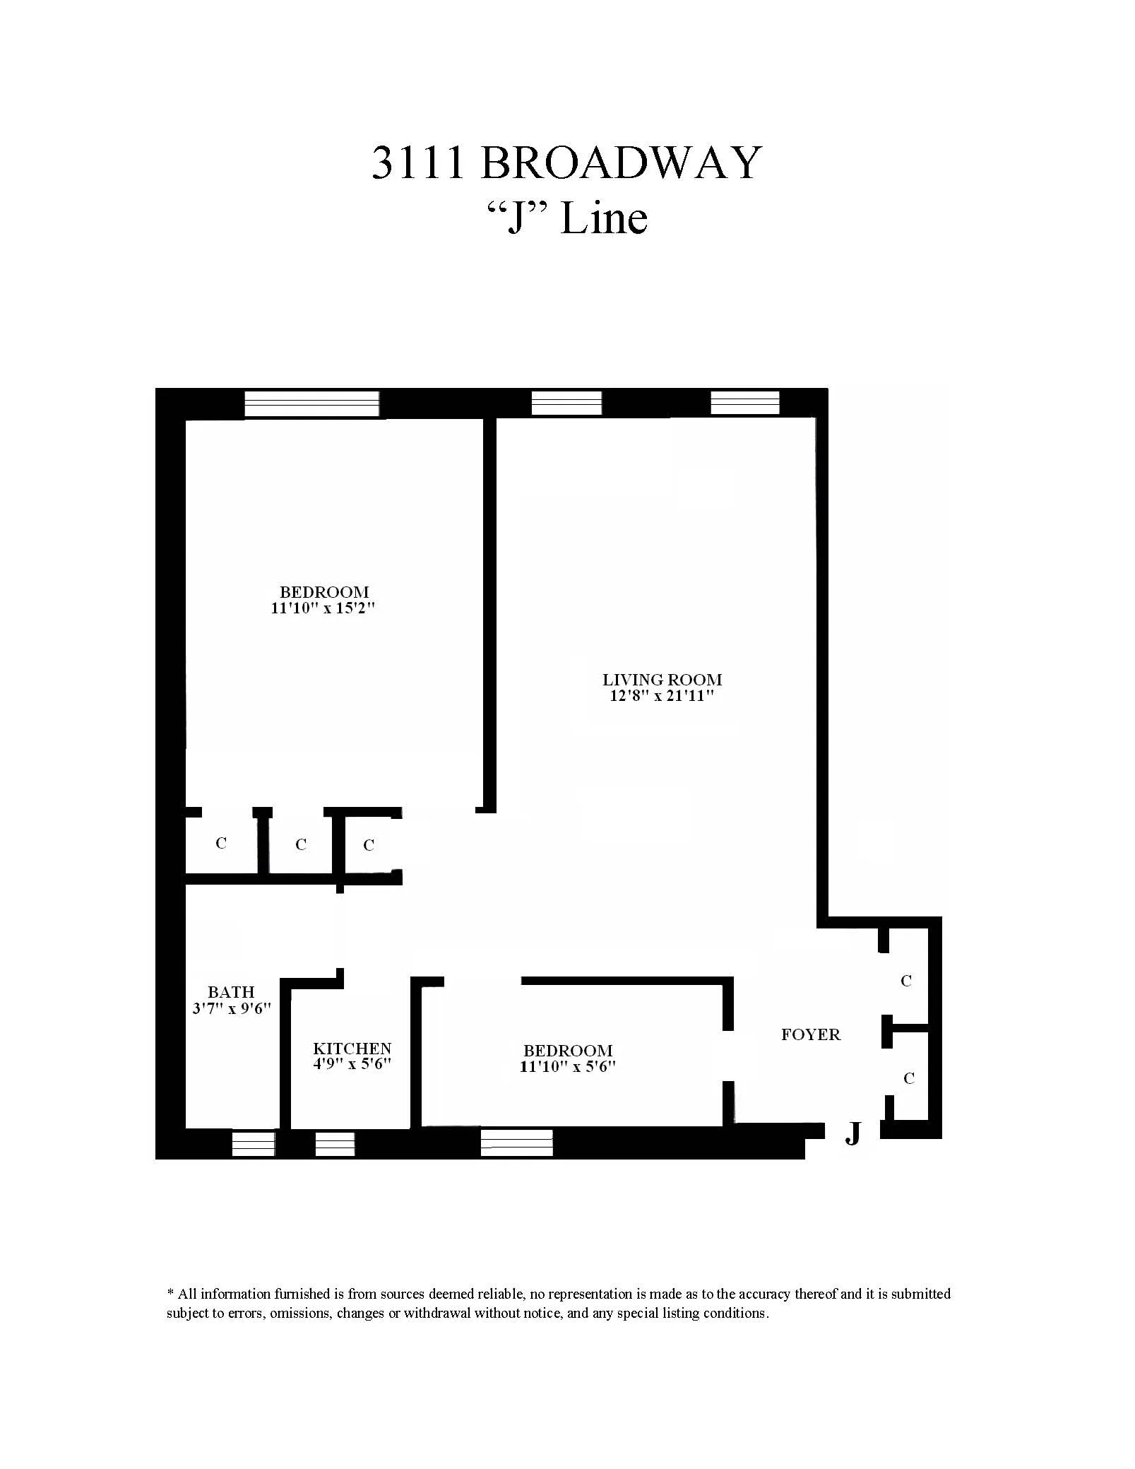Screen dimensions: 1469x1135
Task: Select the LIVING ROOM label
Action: coord(662,680)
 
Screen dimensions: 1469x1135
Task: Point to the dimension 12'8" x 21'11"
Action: coord(662,696)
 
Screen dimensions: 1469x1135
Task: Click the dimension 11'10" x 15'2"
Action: coord(323,608)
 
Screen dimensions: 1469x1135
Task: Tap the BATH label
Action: coord(231,992)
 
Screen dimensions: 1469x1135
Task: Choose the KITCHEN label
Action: coord(352,1049)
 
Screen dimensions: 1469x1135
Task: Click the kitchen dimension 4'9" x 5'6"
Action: coord(352,1064)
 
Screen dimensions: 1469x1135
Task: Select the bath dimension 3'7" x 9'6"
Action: coord(232,1008)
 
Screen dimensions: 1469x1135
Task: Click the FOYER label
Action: coord(810,1035)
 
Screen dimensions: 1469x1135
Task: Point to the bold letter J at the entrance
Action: coord(853,1134)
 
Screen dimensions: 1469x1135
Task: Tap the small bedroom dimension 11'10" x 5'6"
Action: coord(567,1067)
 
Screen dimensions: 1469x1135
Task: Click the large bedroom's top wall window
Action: coord(311,404)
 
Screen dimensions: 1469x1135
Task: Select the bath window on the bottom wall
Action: coord(254,1144)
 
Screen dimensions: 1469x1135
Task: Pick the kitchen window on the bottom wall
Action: coord(335,1144)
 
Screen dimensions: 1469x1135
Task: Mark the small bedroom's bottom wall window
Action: coord(516,1143)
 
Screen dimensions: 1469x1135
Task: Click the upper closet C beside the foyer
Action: coord(906,981)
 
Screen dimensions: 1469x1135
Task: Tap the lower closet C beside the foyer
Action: coord(908,1078)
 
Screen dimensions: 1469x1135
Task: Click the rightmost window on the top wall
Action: coord(744,403)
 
